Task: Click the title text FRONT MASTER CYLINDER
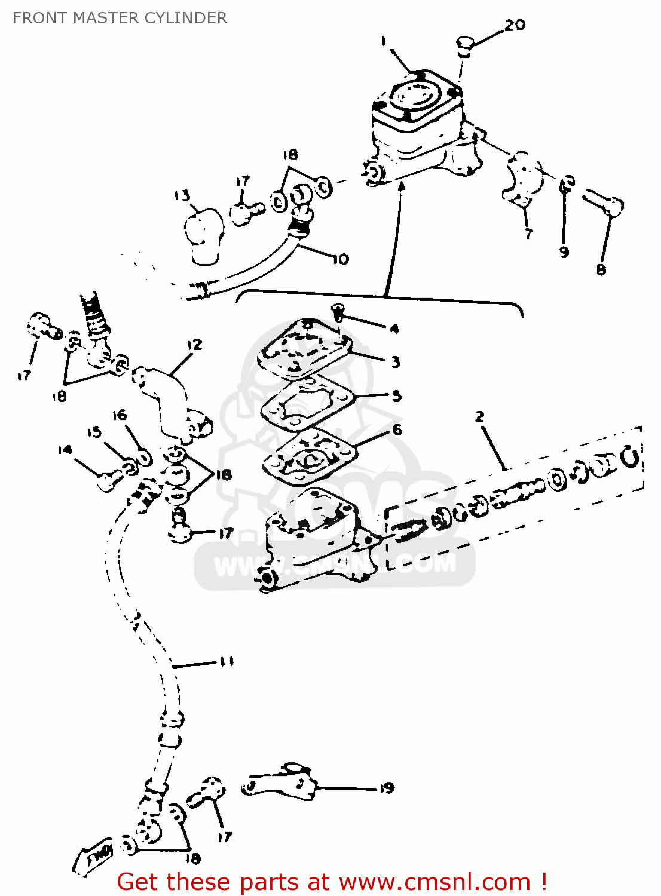tap(120, 18)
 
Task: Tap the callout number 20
tap(515, 25)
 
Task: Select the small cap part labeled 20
tap(466, 44)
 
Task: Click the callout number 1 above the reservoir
tap(384, 41)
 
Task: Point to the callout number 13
tap(182, 195)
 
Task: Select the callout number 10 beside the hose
tap(340, 259)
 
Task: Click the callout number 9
tap(564, 252)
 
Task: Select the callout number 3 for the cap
tap(395, 362)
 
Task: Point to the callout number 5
tap(397, 396)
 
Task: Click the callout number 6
tap(397, 430)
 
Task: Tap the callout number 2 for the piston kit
tap(479, 416)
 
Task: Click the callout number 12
tap(194, 345)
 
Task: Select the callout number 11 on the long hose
tap(227, 662)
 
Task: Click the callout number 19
tap(387, 788)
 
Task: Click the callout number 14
tap(65, 450)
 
